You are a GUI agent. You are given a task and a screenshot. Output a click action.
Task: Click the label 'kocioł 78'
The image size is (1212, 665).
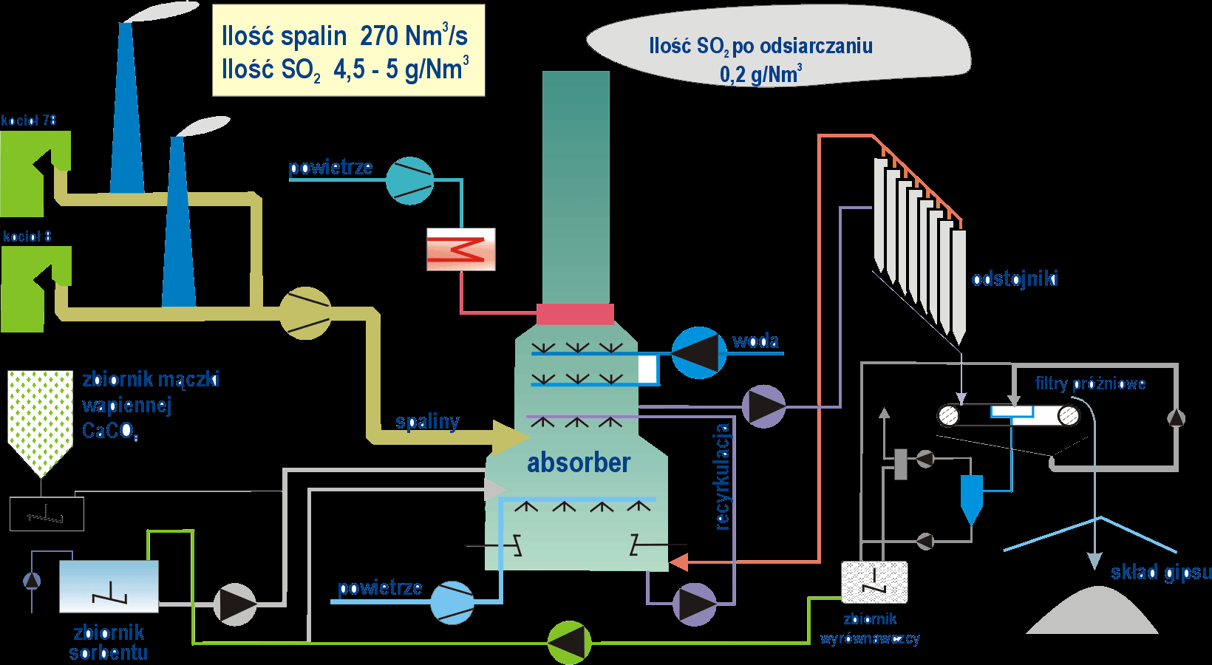point(29,120)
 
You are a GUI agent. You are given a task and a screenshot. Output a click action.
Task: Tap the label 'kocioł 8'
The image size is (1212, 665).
point(27,236)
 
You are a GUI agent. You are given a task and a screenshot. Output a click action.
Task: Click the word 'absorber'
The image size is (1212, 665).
point(579,463)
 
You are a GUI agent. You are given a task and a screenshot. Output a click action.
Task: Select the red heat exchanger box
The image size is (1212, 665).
point(461,250)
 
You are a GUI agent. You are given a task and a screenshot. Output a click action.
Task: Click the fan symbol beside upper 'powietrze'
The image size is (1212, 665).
point(409,181)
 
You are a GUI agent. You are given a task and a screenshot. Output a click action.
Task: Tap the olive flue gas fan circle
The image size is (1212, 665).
point(305,313)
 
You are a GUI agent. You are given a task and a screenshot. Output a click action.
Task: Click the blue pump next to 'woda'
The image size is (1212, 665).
point(698,353)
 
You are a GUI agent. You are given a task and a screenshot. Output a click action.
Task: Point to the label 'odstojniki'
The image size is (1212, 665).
point(1015,279)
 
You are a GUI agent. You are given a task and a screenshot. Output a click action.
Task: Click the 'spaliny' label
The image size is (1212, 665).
point(427,421)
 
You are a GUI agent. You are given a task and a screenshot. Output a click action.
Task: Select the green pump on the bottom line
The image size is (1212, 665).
point(569,642)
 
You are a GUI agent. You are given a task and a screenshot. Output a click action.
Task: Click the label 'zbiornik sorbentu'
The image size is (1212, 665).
point(109,642)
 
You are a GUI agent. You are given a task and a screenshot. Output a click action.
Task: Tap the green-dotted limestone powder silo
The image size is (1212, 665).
point(40,417)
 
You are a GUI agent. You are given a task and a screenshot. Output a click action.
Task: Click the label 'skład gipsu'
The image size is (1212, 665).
point(1161,572)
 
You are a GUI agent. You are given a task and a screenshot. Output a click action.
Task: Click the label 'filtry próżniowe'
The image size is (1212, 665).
point(1090,383)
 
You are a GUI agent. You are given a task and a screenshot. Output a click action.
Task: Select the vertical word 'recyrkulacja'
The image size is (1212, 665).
point(722,477)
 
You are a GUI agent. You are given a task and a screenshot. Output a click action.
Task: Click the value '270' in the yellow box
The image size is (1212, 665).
point(380,35)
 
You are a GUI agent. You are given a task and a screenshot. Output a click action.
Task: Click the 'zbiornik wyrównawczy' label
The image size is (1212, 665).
point(870,629)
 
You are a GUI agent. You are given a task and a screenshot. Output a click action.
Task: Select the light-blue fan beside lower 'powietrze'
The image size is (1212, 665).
point(452,602)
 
